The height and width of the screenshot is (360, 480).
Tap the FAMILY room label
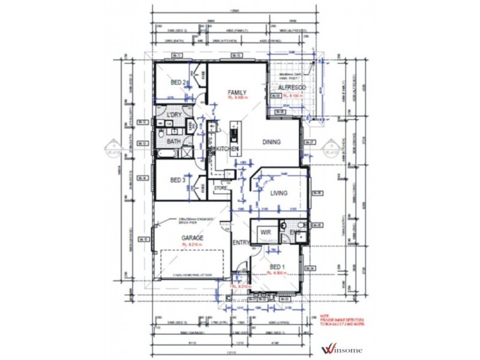click(237, 92)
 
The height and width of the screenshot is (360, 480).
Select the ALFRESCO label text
click(290, 88)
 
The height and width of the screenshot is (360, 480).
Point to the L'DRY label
click(174, 115)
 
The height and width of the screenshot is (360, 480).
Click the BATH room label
click(174, 142)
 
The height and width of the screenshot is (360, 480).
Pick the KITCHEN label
click(227, 148)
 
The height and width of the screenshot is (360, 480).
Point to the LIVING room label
click(278, 193)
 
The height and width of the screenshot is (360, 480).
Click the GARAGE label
click(193, 238)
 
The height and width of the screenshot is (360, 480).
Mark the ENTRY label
click(241, 242)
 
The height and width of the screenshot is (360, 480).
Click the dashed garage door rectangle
click(191, 263)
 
